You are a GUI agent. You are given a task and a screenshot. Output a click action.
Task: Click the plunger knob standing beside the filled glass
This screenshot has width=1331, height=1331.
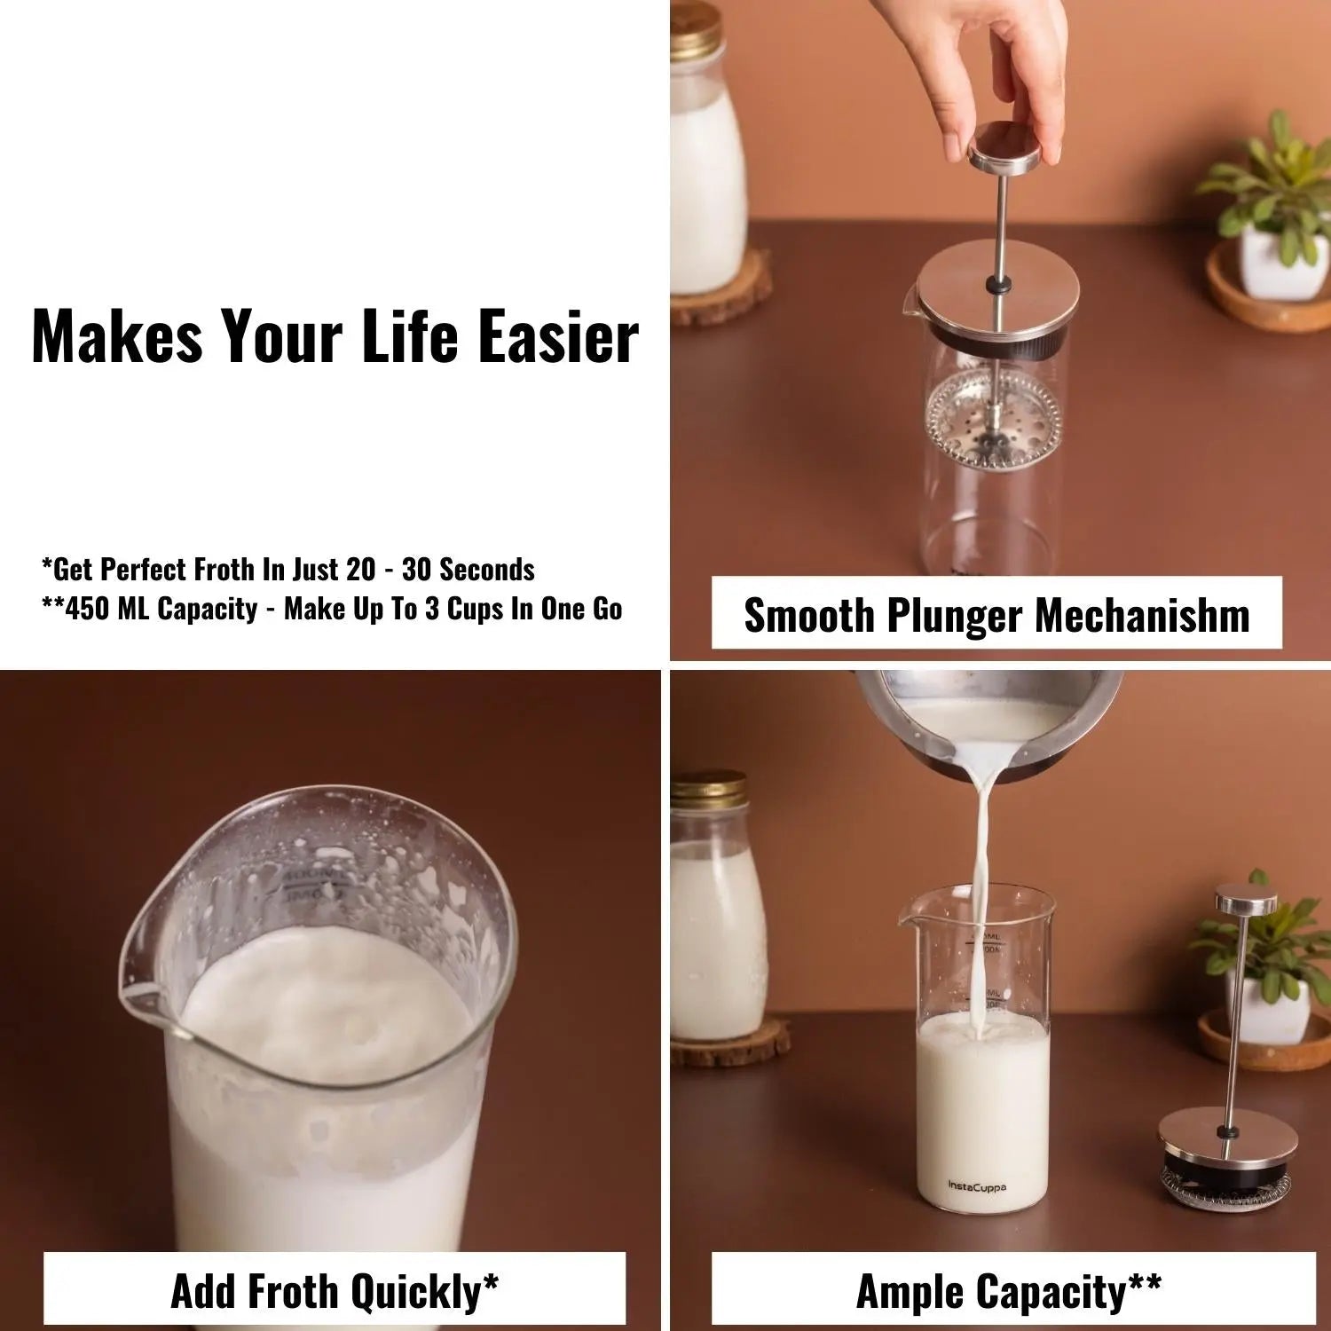[x=1247, y=901]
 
